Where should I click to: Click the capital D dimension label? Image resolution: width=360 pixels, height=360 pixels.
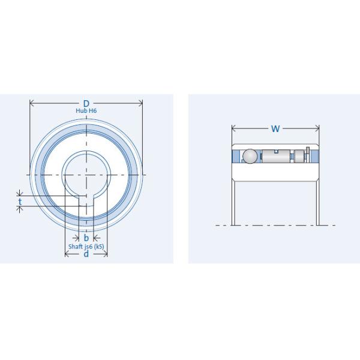[x=86, y=104]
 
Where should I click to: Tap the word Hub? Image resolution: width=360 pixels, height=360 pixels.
[x=80, y=110]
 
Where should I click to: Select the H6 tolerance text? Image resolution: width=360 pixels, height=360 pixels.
[x=93, y=110]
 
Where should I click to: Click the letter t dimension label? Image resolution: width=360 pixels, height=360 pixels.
[x=20, y=202]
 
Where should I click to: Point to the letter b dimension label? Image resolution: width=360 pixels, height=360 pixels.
[x=86, y=238]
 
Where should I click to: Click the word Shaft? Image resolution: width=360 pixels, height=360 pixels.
[x=76, y=247]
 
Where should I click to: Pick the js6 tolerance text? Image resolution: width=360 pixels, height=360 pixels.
[x=89, y=247]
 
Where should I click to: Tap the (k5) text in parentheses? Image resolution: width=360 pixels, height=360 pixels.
[x=99, y=247]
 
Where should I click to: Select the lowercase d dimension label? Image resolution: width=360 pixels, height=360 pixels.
[x=86, y=254]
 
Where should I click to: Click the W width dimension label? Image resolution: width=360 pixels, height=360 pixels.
[x=275, y=128]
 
